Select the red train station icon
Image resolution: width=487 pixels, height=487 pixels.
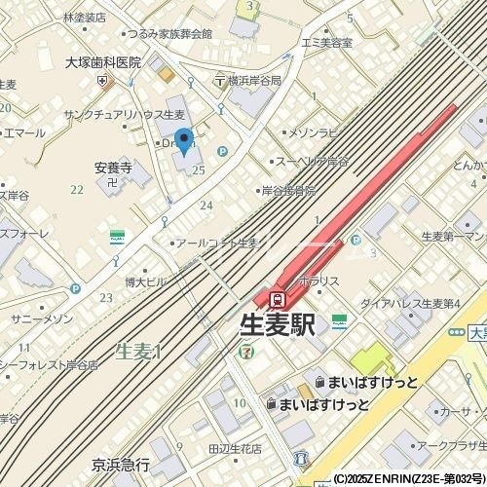tap(278, 298)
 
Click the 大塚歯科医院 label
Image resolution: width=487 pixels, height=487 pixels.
tap(103, 62)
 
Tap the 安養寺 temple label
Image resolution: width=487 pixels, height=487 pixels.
tap(113, 167)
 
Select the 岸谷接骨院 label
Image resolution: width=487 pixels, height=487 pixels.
tap(289, 191)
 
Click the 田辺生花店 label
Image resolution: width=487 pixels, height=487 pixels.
tap(235, 449)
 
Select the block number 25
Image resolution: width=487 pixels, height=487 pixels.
tap(199, 170)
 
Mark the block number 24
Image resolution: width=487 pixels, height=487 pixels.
tap(206, 205)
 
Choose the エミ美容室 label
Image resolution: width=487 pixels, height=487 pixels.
tap(326, 43)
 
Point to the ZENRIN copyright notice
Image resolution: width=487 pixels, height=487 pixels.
tap(409, 480)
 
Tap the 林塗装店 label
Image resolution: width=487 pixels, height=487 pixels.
tap(83, 18)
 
